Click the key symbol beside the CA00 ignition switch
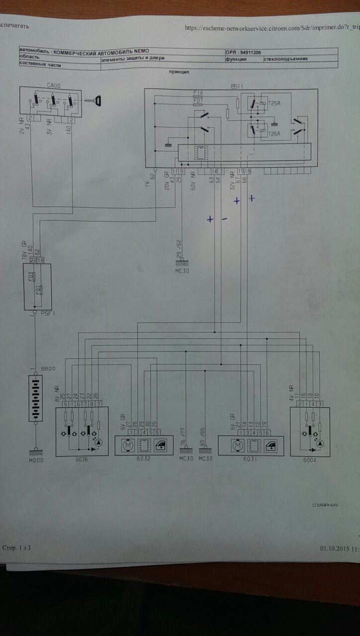point(95,101)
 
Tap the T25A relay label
point(274,103)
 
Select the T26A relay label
point(274,133)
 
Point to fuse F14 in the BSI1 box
point(198,93)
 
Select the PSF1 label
point(48,314)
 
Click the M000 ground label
point(36,460)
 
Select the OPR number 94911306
point(250,51)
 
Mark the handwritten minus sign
point(224,219)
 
